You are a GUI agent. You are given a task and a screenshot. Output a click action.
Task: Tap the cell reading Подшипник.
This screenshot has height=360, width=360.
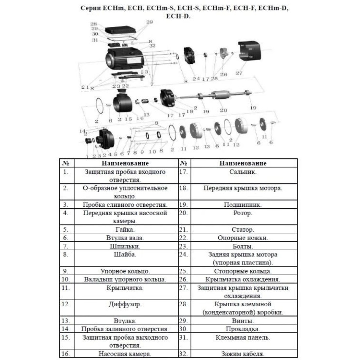(x=243, y=204)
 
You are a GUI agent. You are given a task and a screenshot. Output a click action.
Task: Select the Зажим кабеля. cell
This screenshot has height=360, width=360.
(x=243, y=353)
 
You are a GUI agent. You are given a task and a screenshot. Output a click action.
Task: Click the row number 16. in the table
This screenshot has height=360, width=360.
(x=66, y=353)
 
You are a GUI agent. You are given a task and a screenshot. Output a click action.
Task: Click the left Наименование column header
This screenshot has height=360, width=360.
(x=125, y=163)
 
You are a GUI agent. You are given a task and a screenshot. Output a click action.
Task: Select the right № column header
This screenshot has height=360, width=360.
(x=184, y=163)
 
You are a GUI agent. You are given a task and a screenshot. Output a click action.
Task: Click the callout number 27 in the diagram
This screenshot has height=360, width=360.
(x=239, y=73)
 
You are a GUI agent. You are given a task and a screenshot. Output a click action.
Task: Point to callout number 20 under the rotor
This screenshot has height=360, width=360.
(x=224, y=110)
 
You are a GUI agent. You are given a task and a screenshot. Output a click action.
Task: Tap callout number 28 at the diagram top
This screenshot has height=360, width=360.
(x=94, y=24)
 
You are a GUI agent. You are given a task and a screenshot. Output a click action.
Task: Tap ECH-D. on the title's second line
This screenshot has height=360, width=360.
(x=178, y=16)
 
